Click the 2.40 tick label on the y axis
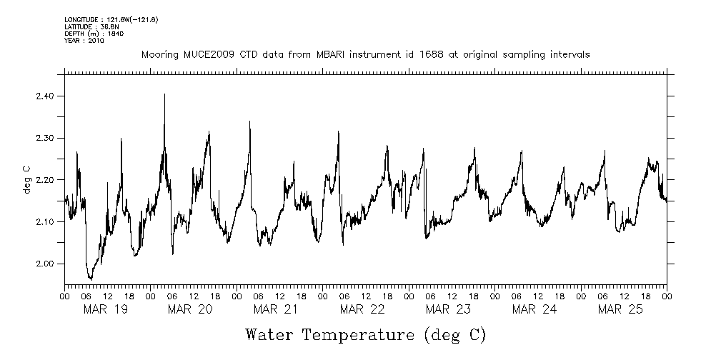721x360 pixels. [x=45, y=96]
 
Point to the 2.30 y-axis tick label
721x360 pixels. [x=45, y=138]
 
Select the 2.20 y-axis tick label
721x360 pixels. [x=45, y=180]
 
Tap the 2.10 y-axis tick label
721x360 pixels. [x=45, y=222]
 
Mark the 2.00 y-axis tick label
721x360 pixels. [x=45, y=264]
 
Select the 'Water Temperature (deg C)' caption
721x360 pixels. [x=366, y=334]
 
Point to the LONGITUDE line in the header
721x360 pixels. [x=111, y=19]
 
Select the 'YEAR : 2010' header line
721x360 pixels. [x=84, y=41]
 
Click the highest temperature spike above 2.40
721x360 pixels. [x=164, y=94]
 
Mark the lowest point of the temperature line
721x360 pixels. [x=90, y=279]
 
